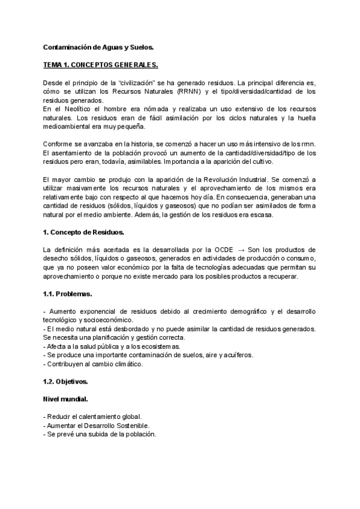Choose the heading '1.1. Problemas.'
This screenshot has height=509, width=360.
click(67, 294)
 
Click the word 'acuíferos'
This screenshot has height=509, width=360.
click(234, 355)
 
